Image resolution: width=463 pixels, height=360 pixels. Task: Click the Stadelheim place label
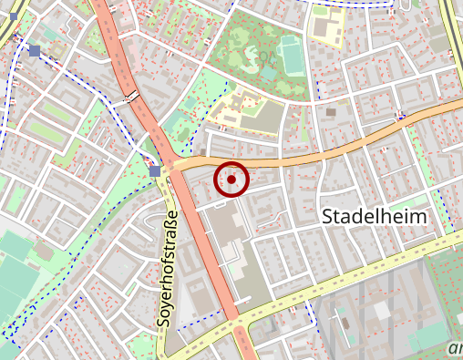386,216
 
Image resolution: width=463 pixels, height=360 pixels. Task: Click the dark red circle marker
231,180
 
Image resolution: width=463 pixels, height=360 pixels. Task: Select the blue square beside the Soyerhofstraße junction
155,170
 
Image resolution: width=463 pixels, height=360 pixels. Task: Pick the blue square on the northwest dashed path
35,51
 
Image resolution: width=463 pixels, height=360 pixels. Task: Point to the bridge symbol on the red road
133,95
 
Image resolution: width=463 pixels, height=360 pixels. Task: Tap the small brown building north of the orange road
330,112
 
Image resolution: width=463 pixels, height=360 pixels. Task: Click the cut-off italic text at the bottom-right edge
455,348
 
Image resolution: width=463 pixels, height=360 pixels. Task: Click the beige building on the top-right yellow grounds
325,26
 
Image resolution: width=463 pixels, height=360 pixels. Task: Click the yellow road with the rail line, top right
450,36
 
